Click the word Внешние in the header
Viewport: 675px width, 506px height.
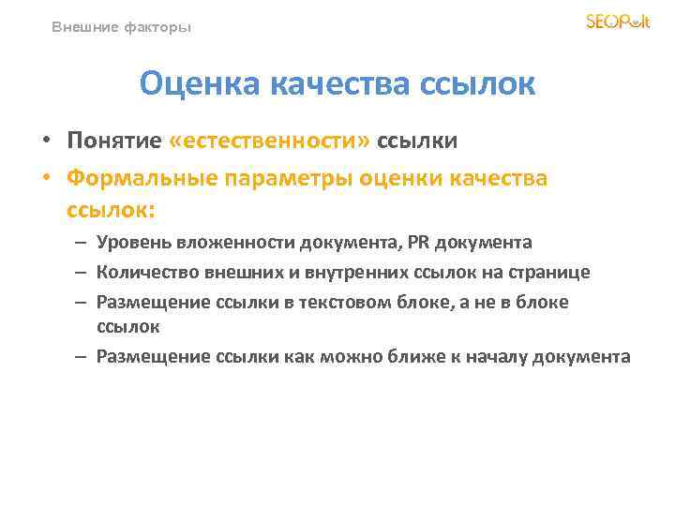tap(83, 28)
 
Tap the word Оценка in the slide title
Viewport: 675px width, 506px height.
tap(201, 85)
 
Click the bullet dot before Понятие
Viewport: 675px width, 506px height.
tap(45, 141)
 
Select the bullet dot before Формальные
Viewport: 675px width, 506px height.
tap(45, 178)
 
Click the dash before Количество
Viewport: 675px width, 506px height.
tap(82, 273)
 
